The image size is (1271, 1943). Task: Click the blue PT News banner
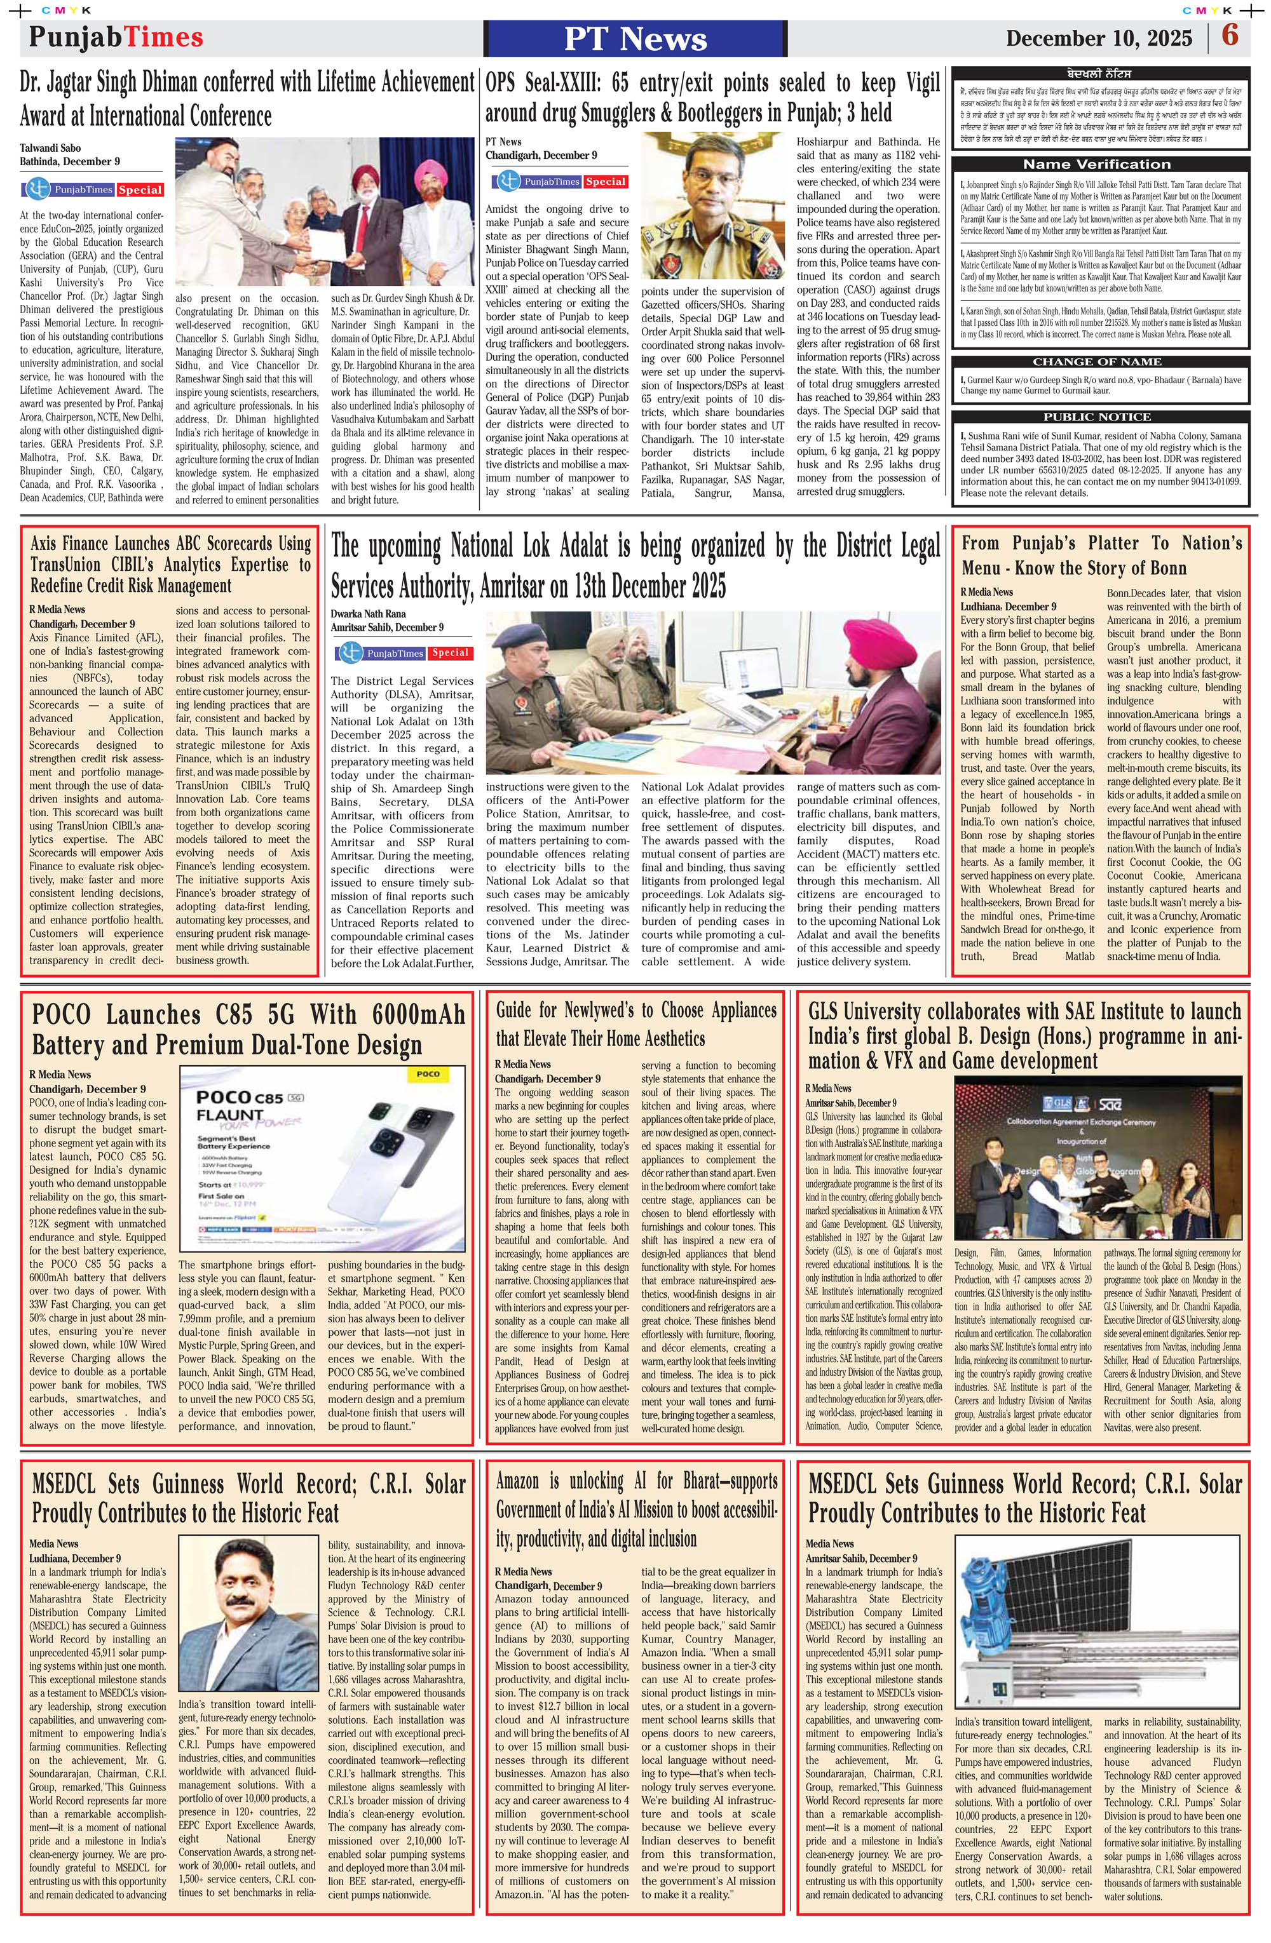tap(635, 38)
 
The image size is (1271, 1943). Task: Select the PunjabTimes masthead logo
tap(116, 37)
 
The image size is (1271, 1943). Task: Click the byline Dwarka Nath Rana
tap(367, 613)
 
